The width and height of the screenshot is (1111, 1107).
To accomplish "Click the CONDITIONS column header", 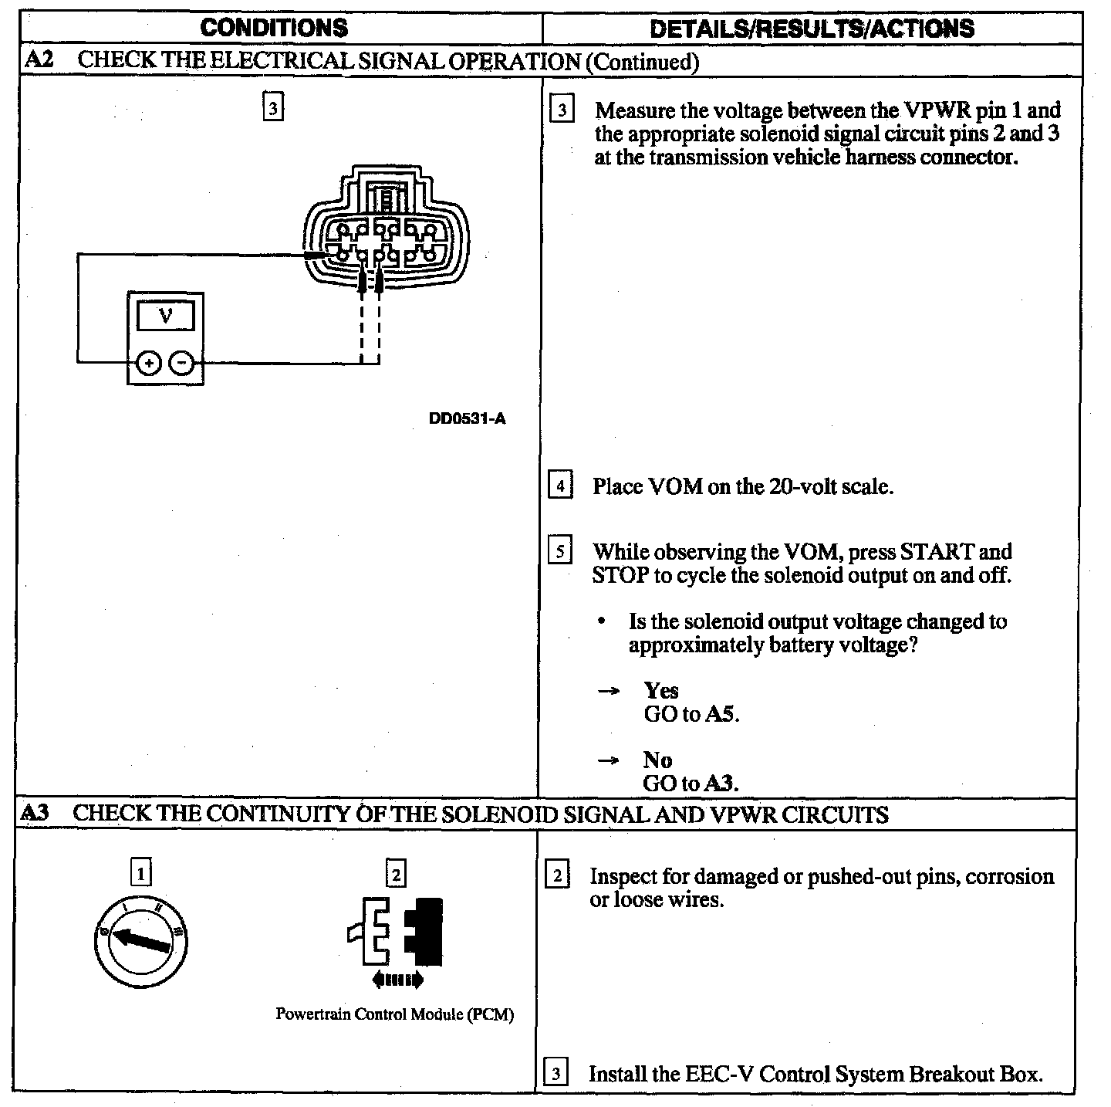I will coord(274,29).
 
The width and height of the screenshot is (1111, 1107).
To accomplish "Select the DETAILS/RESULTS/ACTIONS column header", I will coord(812,29).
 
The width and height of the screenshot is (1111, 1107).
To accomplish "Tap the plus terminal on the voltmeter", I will coord(149,361).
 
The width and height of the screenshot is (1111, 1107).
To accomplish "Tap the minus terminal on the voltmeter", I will coord(182,361).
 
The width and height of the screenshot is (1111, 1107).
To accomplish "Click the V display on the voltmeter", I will coord(165,315).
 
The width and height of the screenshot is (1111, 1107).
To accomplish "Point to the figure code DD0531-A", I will coord(468,419).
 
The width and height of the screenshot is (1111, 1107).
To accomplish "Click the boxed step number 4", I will coord(560,487).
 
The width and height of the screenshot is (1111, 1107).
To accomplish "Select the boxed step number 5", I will coord(560,552).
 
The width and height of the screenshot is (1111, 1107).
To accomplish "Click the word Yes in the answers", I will coord(661,690).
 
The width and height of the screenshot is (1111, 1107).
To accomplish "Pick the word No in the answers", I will coord(657,760).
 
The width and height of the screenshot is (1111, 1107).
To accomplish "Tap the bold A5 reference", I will coord(722,714).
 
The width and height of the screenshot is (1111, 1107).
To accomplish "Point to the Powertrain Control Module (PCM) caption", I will coord(394,1014).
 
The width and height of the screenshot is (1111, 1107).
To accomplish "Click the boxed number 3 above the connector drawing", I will coord(273,107).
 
